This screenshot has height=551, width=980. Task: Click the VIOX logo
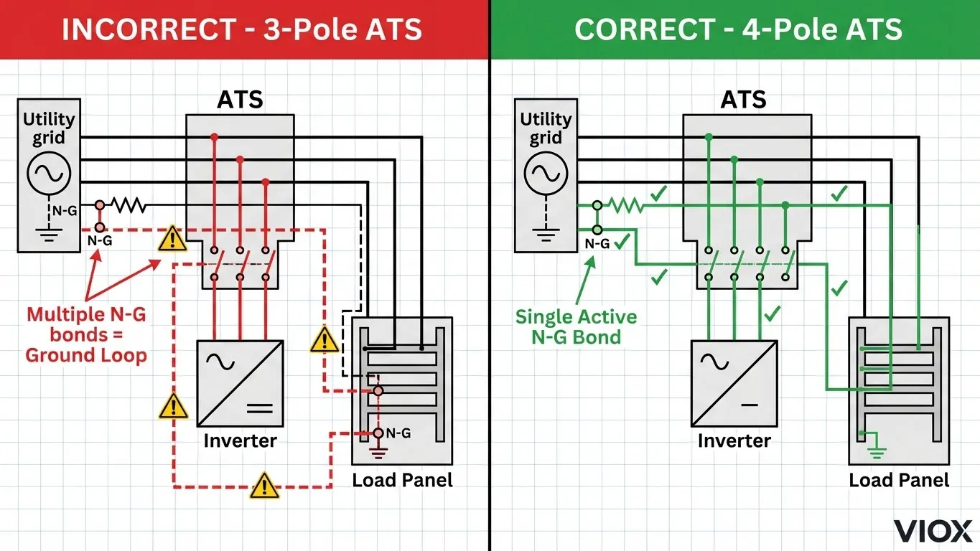click(932, 532)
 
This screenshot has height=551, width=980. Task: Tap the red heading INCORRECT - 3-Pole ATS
click(242, 29)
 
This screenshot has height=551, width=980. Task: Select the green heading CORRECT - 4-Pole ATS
click(738, 29)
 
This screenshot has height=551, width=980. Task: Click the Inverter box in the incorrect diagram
click(241, 383)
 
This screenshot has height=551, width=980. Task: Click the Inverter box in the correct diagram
click(734, 383)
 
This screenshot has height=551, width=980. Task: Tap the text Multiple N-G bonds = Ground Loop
click(86, 334)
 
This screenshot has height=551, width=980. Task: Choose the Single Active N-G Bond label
click(576, 326)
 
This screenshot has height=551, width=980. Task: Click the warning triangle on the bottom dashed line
click(264, 486)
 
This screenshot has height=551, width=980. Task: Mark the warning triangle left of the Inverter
click(172, 407)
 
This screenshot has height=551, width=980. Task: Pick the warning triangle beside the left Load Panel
click(325, 339)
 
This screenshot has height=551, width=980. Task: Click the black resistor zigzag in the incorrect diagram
click(129, 206)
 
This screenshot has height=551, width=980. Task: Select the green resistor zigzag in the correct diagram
click(626, 206)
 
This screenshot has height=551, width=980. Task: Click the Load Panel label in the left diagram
click(402, 479)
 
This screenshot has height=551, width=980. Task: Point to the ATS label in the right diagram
click(744, 100)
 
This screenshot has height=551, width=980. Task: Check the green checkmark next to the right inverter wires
click(773, 314)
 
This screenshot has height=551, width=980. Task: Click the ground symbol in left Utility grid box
click(49, 234)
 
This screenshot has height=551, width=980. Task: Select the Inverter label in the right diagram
click(734, 440)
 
